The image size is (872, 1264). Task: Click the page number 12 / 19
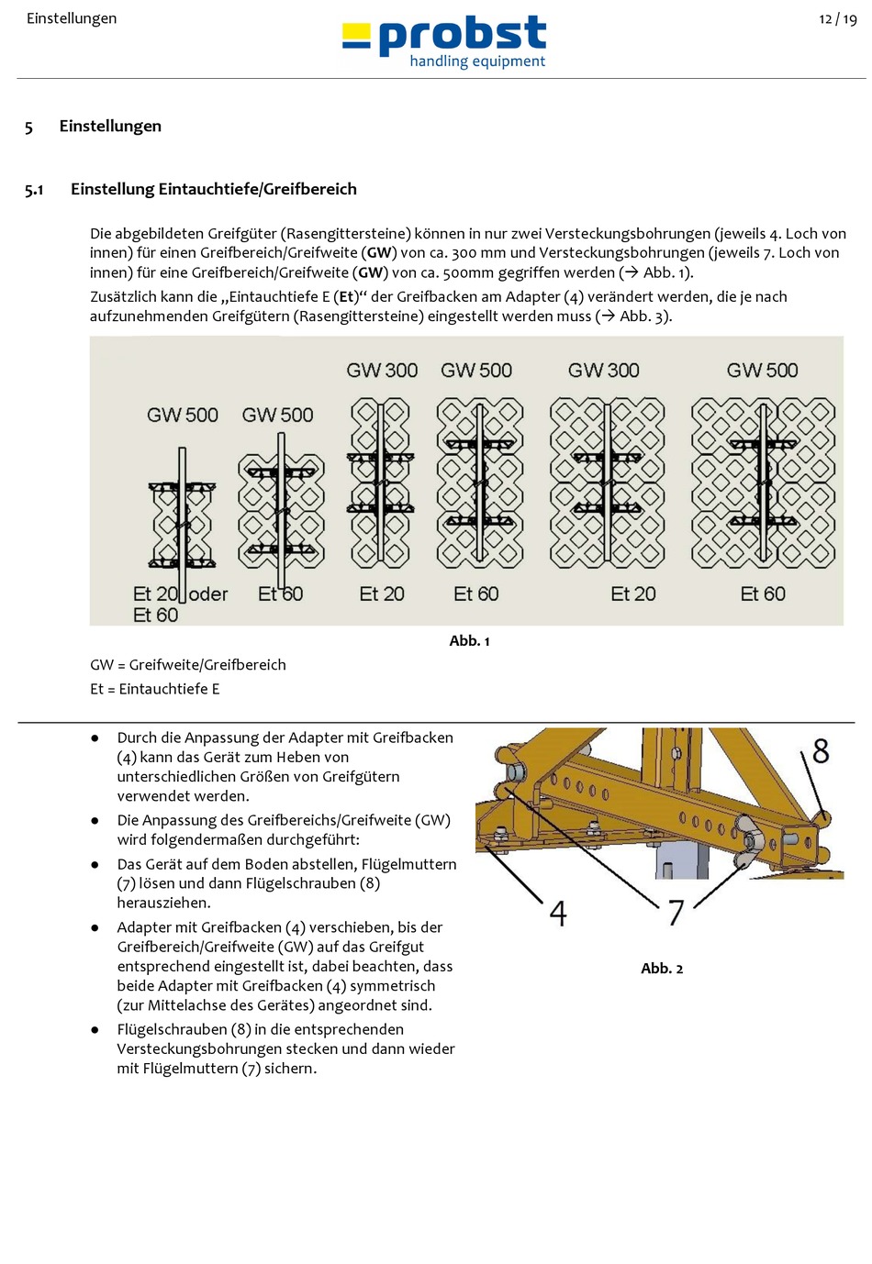[x=837, y=19]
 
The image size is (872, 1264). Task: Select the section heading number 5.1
[x=34, y=190]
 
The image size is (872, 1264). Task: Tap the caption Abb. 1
[x=469, y=641]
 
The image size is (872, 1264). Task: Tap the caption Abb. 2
[x=662, y=969]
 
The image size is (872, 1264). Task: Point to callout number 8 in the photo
[x=820, y=752]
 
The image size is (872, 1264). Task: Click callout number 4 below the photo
[x=558, y=914]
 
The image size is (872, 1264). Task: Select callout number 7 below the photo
[x=676, y=913]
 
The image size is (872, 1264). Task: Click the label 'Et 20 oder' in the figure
[x=181, y=594]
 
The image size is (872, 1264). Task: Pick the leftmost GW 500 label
[x=183, y=415]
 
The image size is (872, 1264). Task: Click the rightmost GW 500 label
[x=762, y=371]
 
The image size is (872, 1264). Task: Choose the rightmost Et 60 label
[x=763, y=594]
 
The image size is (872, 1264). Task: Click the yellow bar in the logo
[x=356, y=37]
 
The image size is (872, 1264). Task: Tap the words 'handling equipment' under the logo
[x=477, y=61]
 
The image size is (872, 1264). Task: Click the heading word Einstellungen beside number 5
[x=110, y=127]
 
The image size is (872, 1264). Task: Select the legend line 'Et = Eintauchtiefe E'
[x=155, y=689]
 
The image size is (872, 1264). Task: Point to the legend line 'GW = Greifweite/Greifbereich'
[x=188, y=665]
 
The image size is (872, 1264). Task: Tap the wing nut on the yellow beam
[x=750, y=837]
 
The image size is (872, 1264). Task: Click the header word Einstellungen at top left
[x=72, y=18]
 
